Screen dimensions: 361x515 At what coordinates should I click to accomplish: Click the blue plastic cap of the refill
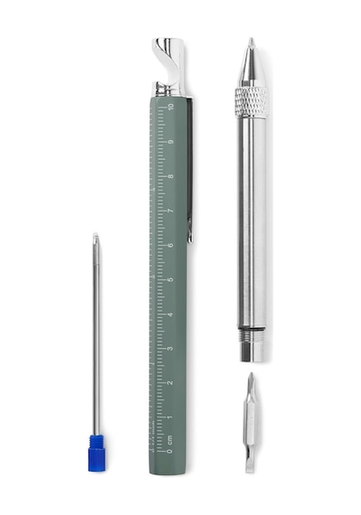tap(97, 453)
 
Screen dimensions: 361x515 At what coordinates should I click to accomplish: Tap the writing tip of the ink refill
tap(96, 235)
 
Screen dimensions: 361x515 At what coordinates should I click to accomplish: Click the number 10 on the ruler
tap(171, 107)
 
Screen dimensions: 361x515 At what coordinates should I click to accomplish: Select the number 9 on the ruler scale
tap(171, 142)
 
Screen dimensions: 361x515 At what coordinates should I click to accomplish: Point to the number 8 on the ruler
tap(171, 176)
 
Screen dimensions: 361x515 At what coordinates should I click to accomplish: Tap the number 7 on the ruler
tap(171, 211)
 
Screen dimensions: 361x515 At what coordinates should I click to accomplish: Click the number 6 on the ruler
tap(171, 245)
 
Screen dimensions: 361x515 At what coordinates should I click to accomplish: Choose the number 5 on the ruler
tap(171, 280)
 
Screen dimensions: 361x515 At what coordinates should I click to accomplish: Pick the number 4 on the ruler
tap(171, 314)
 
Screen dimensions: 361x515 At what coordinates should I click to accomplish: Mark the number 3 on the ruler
tap(171, 348)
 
